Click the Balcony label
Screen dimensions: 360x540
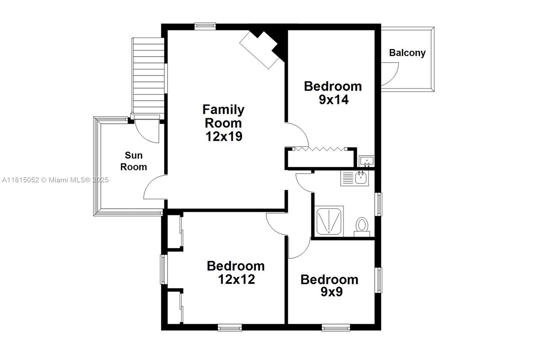pos(407,53)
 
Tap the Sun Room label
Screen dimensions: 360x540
pos(134,161)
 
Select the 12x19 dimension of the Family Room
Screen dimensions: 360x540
pos(224,136)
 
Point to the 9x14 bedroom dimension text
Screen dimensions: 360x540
pos(333,100)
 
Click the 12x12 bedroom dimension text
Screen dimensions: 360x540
pos(236,279)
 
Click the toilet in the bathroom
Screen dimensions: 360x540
pos(362,226)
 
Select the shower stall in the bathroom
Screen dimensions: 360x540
pos(329,221)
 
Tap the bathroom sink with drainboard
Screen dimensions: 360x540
pos(355,178)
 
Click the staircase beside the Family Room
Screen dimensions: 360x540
pos(149,76)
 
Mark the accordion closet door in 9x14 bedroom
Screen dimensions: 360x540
pos(320,149)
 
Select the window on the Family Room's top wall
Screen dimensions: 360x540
pos(205,26)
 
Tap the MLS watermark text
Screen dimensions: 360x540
pos(55,180)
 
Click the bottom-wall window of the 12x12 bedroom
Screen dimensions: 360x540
pos(230,327)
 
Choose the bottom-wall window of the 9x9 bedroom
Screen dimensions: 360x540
pos(336,327)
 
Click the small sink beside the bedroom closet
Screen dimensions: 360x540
pos(366,160)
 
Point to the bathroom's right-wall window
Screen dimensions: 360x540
pos(379,204)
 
